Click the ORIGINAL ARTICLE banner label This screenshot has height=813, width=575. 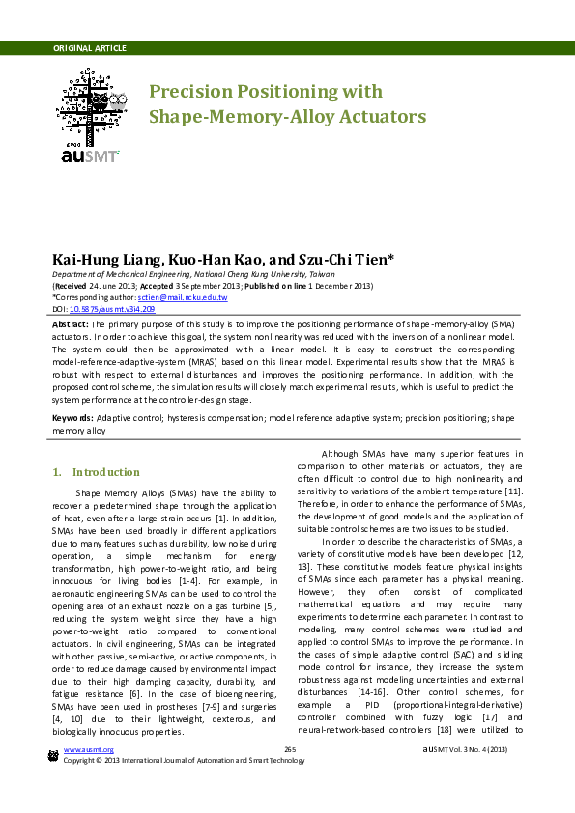tap(89, 47)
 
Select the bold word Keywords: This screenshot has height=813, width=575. tap(72, 418)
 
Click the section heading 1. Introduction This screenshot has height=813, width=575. tap(96, 472)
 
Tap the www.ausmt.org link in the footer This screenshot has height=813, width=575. tap(83, 749)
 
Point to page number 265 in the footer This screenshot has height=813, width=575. tap(289, 749)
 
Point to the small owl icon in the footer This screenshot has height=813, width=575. tap(53, 754)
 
